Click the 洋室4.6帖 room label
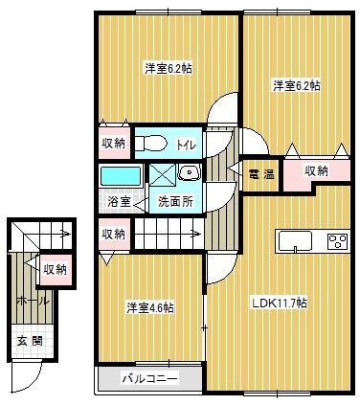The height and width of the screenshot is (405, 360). pyautogui.click(x=150, y=307)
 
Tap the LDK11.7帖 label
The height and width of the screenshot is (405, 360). pyautogui.click(x=279, y=303)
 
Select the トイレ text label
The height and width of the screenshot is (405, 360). pyautogui.click(x=186, y=144)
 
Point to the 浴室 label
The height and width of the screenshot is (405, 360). pyautogui.click(x=120, y=202)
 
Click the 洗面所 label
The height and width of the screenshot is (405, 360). pyautogui.click(x=174, y=202)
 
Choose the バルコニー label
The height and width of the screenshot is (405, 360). pyautogui.click(x=149, y=378)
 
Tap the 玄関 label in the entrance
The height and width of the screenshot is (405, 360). pyautogui.click(x=28, y=341)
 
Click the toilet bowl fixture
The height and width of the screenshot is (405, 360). pyautogui.click(x=151, y=144)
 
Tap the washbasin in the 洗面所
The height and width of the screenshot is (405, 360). pyautogui.click(x=189, y=173)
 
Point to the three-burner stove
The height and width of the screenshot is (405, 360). pyautogui.click(x=337, y=240)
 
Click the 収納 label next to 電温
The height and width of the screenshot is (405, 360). pyautogui.click(x=317, y=170)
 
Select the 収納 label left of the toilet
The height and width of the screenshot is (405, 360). pyautogui.click(x=113, y=144)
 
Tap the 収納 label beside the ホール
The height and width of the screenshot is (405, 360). pyautogui.click(x=55, y=269)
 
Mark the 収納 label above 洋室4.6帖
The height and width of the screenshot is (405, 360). pyautogui.click(x=113, y=234)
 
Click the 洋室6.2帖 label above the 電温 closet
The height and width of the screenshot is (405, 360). pyautogui.click(x=296, y=86)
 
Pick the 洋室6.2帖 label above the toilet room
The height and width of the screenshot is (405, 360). pyautogui.click(x=168, y=68)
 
